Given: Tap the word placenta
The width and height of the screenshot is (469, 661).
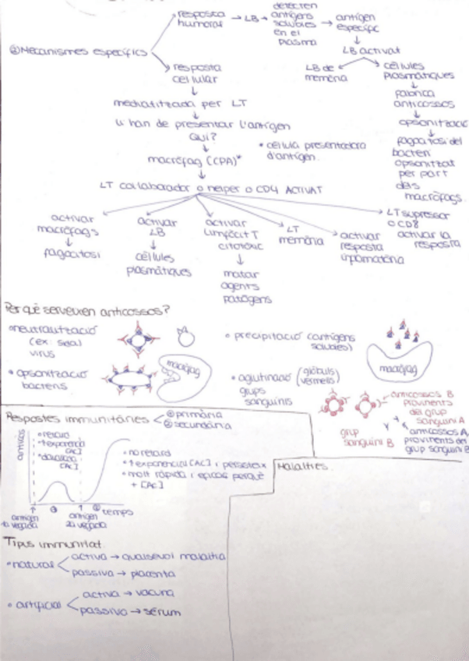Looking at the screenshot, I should click(x=152, y=574).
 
